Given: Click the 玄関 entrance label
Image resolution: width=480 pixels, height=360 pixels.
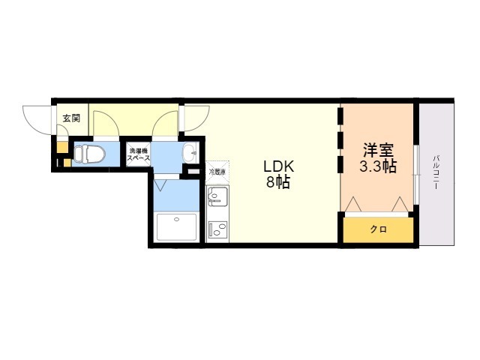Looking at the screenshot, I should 70,118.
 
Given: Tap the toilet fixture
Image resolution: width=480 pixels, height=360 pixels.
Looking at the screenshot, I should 89,154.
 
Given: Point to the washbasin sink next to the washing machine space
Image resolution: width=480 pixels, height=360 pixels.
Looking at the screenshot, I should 190,151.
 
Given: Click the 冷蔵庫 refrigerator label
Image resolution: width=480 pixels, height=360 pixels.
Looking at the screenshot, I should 216,172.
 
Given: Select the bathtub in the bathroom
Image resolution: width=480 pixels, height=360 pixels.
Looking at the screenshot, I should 177,226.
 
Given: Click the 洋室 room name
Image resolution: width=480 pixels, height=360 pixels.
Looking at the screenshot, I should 379,148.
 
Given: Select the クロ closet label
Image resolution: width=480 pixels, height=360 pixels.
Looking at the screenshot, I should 378,229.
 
